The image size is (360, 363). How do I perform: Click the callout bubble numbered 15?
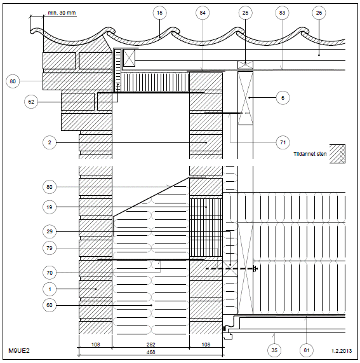point(159,13)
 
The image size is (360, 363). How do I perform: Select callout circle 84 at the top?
point(203,13)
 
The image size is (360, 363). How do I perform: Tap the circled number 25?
point(245,13)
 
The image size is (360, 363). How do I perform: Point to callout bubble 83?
point(282,13)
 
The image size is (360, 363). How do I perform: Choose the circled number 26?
point(319,13)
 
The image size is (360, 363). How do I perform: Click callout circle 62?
point(31,102)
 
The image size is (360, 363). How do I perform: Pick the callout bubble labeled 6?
point(283,98)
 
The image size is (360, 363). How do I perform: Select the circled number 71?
point(283,142)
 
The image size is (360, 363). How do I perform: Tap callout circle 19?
point(50,207)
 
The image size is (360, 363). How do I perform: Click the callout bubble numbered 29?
point(50,231)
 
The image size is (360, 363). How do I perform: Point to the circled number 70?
point(50,273)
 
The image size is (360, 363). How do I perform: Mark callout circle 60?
point(50,305)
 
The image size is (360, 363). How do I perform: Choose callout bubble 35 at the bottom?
point(274,350)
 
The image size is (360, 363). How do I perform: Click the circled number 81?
point(307,350)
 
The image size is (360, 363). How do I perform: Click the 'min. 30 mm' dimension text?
point(62,13)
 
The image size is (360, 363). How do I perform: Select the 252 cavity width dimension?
point(150,345)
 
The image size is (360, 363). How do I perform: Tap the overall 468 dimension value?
point(150,352)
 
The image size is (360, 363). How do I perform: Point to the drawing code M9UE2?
point(19,350)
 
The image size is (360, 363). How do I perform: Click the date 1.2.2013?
point(342,351)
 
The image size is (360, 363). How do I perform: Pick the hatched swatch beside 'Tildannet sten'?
point(337,154)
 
